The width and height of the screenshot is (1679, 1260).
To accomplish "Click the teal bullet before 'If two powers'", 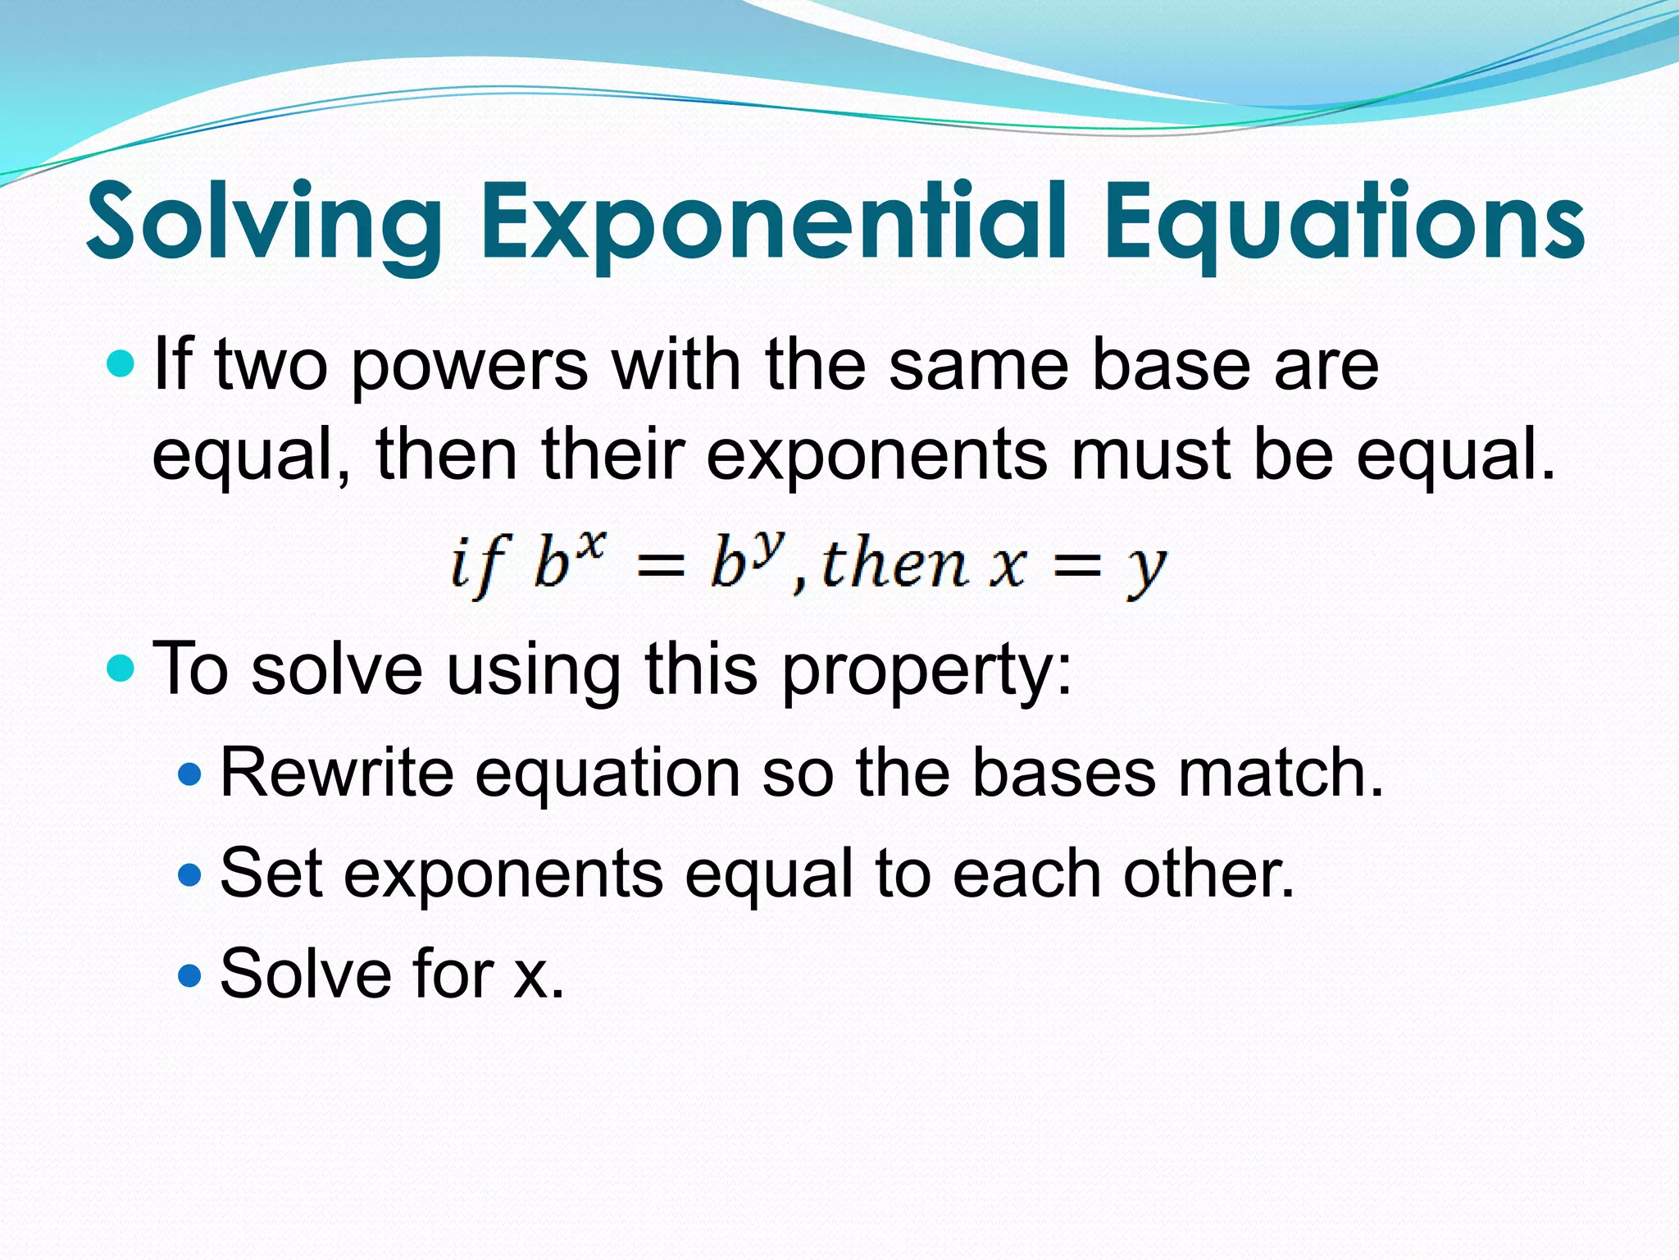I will pos(121,363).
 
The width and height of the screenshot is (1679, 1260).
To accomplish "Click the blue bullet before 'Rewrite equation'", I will pos(189,774).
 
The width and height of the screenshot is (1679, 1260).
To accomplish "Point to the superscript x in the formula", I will pos(591,546).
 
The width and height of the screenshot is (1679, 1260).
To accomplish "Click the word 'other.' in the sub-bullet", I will pos(1208,873).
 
